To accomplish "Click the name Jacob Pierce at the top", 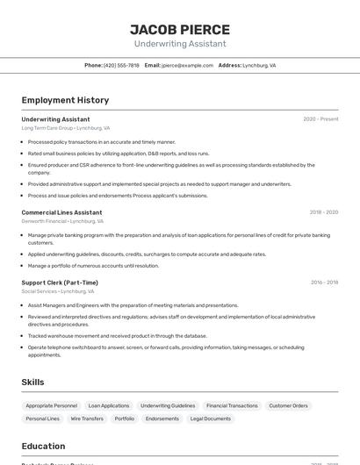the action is point(180,30).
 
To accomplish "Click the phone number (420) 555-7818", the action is point(121,65).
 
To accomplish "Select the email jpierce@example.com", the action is point(188,65).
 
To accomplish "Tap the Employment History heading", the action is point(65,100).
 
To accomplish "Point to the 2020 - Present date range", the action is point(320,119).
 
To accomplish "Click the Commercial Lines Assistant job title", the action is point(61,212).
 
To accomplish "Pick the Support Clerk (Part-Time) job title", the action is point(60,283).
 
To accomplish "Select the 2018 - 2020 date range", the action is point(323,212).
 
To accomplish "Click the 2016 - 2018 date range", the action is point(324,283).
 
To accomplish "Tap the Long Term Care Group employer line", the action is point(65,128).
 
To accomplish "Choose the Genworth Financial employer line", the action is point(62,221).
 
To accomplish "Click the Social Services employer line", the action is point(59,291).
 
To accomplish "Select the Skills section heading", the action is point(33,383).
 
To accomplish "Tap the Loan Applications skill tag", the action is point(109,406).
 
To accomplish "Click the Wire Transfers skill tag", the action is point(87,419).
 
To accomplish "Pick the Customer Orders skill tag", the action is point(288,406).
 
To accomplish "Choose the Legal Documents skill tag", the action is point(211,419).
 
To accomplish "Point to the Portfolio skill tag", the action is point(125,419).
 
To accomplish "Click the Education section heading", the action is point(43,446).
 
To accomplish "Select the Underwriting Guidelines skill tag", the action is point(168,406).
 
